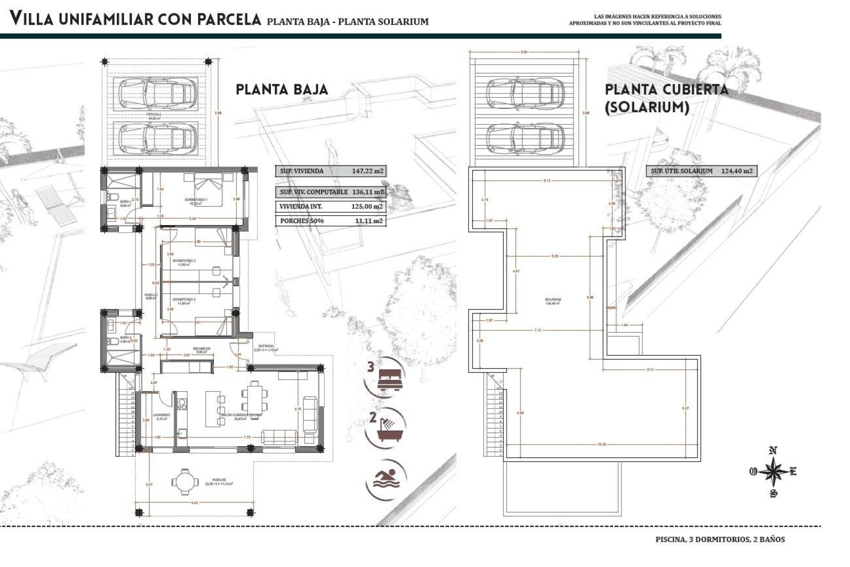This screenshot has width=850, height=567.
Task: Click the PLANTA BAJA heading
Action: (x=282, y=90)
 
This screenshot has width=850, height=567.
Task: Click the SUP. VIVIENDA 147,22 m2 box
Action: (x=331, y=171)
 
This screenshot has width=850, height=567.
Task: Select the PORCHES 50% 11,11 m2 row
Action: (x=331, y=221)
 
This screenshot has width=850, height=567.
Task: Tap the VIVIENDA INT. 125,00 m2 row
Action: (x=331, y=206)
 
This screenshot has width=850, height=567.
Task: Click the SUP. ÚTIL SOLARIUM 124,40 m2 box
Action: (x=701, y=171)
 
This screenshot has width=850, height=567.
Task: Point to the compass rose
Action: (x=773, y=472)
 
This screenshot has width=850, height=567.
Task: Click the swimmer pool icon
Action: (x=386, y=480)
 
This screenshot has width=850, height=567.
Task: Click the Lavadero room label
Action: (x=161, y=416)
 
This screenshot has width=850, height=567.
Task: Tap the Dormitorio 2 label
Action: (x=184, y=261)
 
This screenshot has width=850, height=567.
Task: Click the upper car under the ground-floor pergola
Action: (x=157, y=93)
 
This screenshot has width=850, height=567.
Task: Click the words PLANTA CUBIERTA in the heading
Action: (x=666, y=90)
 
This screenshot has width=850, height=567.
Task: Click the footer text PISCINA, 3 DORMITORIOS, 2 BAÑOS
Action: (x=720, y=540)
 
